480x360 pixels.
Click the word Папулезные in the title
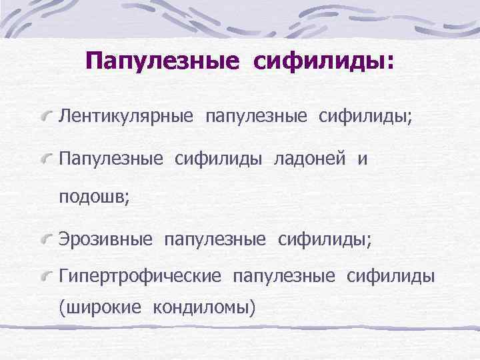click(162, 62)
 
